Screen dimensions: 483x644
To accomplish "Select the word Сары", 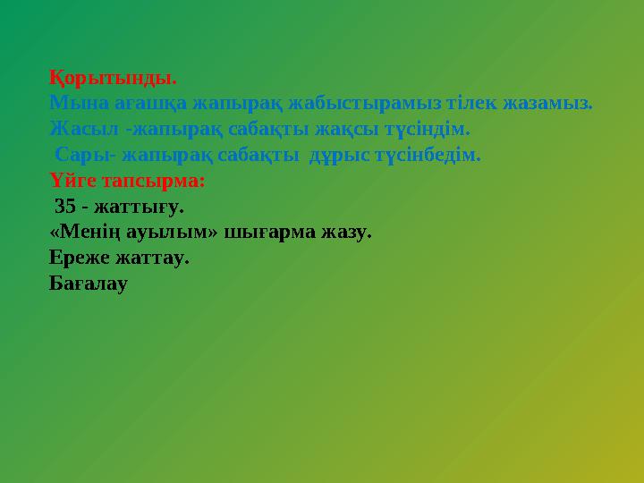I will point(81,155).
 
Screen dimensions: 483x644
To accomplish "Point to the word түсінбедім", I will point(428,155).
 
